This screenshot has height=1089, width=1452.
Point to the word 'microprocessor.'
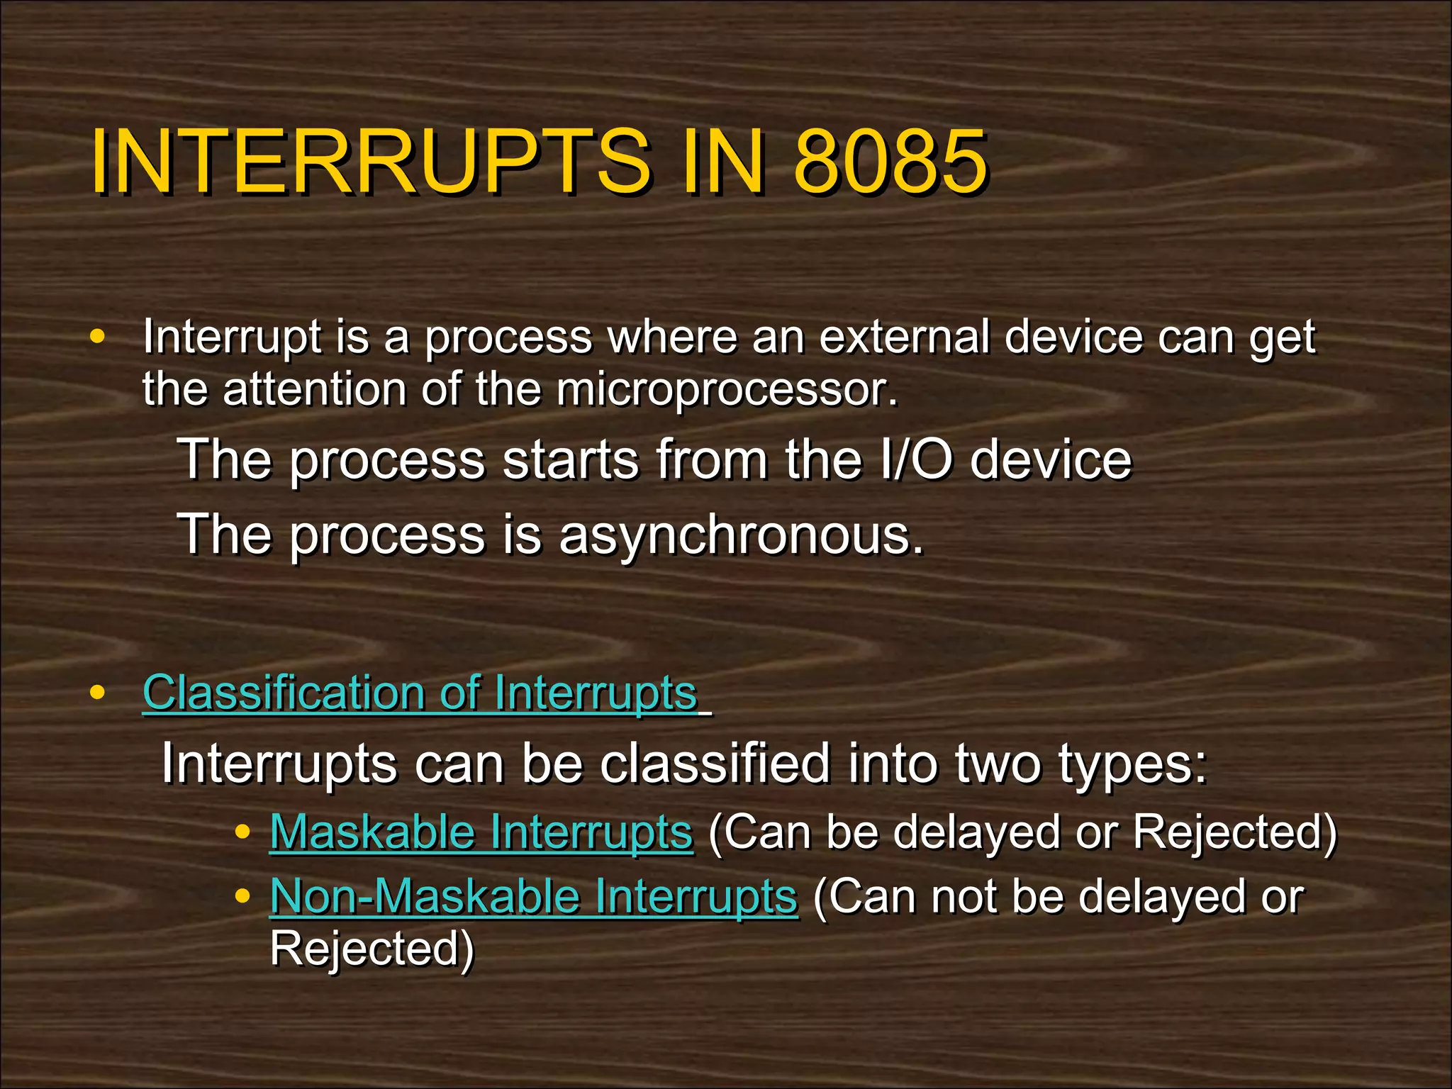coord(727,389)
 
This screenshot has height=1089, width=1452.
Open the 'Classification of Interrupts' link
coord(420,693)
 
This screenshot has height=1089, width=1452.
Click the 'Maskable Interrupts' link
coord(481,832)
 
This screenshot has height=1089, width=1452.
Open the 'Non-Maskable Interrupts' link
coord(533,896)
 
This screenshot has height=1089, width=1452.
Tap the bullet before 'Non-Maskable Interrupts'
coord(242,896)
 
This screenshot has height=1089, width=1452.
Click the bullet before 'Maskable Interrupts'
coord(242,832)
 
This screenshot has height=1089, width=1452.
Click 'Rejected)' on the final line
coord(372,949)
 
